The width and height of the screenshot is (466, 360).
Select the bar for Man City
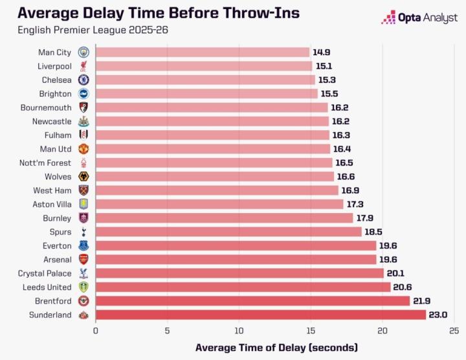click(203, 52)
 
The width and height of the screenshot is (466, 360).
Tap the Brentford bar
click(252, 301)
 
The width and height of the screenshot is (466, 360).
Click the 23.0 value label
click(439, 315)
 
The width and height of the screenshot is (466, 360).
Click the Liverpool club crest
click(83, 66)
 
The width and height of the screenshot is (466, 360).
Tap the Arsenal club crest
click(83, 259)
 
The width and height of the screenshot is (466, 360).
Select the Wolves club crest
click(83, 177)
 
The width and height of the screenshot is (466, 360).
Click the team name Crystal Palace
click(45, 273)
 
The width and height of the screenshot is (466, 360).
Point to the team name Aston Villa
click(52, 204)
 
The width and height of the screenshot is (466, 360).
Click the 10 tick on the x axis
click(239, 330)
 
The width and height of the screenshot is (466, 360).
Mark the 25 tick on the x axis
click(454, 330)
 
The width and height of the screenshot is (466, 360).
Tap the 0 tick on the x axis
click(96, 330)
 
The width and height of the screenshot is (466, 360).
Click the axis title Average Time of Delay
click(276, 347)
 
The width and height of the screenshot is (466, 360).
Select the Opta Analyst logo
click(419, 17)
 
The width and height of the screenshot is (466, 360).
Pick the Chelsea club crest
click(83, 80)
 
